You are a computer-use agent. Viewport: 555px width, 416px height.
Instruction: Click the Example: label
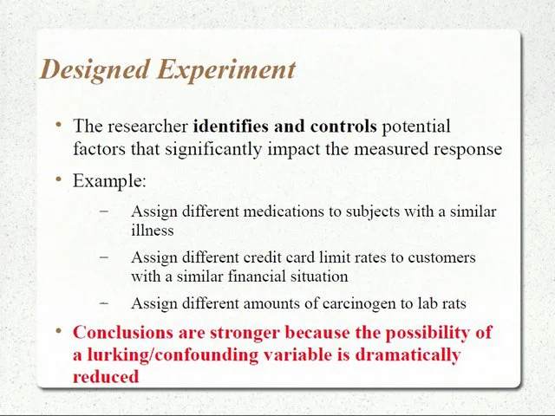click(x=109, y=181)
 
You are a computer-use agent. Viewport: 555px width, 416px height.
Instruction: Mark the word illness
click(x=152, y=231)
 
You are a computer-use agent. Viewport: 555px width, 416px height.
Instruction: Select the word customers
click(x=442, y=257)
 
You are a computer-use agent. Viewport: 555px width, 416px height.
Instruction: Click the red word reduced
click(x=106, y=376)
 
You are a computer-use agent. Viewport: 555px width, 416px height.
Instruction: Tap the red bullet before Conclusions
click(x=59, y=332)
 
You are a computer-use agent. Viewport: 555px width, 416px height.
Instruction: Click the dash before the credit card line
click(x=105, y=257)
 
